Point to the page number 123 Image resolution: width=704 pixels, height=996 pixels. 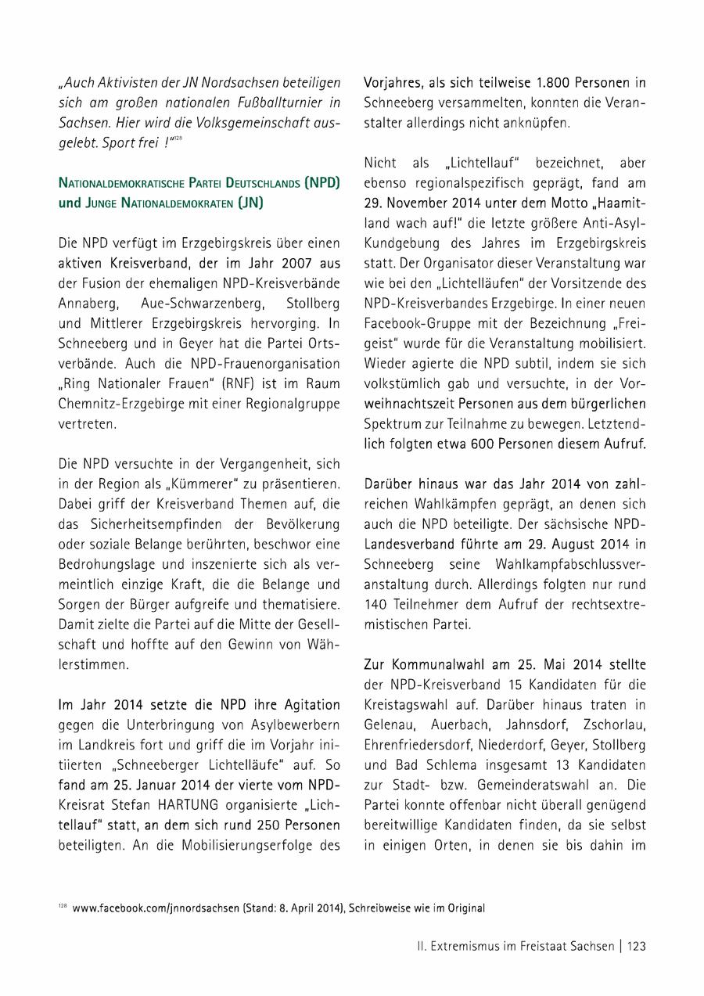click(636, 946)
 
